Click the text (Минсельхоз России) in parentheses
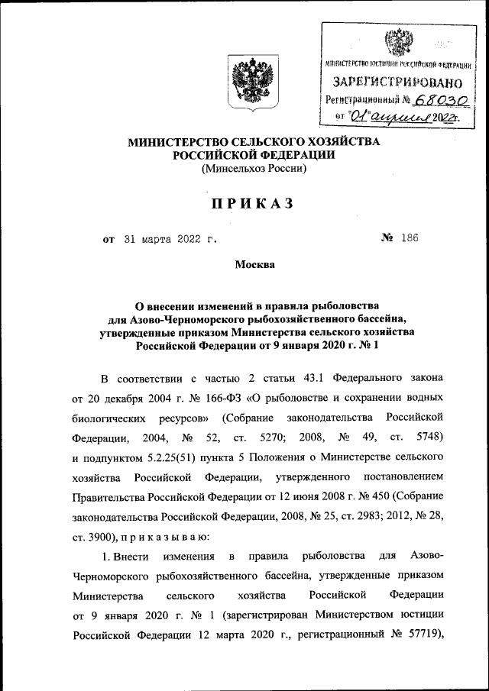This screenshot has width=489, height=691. click(253, 170)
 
